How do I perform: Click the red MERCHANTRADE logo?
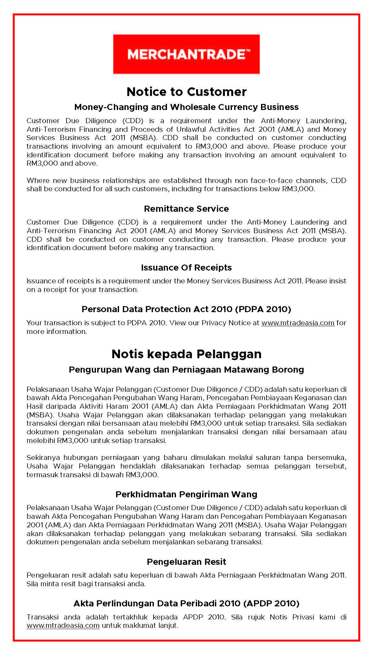[x=186, y=54]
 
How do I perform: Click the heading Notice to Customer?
[x=187, y=92]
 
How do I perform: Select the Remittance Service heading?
[x=186, y=209]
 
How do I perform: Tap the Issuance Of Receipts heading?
[x=186, y=268]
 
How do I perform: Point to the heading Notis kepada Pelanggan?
[x=187, y=354]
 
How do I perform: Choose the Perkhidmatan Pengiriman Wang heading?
[x=186, y=494]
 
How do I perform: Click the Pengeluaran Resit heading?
[x=186, y=562]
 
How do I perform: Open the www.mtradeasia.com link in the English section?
[x=298, y=323]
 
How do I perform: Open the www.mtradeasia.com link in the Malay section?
[x=63, y=626]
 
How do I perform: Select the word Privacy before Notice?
[x=214, y=323]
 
